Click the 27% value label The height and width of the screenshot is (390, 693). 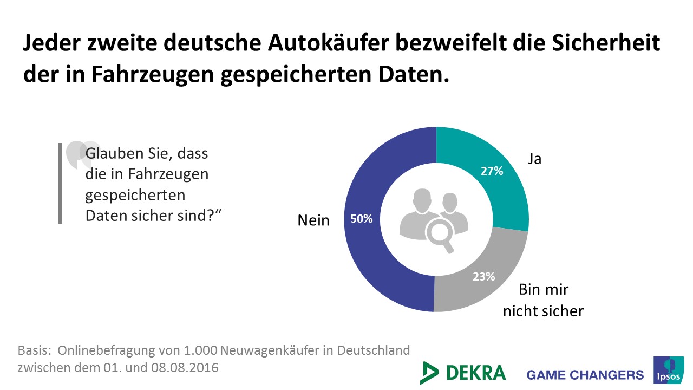[x=492, y=171]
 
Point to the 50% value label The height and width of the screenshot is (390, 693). [x=362, y=219]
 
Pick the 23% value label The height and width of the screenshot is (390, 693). [x=483, y=276]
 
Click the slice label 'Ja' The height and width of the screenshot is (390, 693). [x=534, y=159]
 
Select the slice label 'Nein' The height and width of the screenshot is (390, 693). [x=313, y=220]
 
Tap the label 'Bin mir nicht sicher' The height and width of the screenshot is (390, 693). [x=543, y=300]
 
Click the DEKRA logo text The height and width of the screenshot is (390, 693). [x=476, y=373]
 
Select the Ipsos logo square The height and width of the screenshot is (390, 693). [x=669, y=370]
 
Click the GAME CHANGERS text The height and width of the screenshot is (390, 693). [x=585, y=375]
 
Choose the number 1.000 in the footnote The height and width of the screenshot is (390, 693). [x=199, y=350]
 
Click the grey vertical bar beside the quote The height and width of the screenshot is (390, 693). [x=60, y=183]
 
